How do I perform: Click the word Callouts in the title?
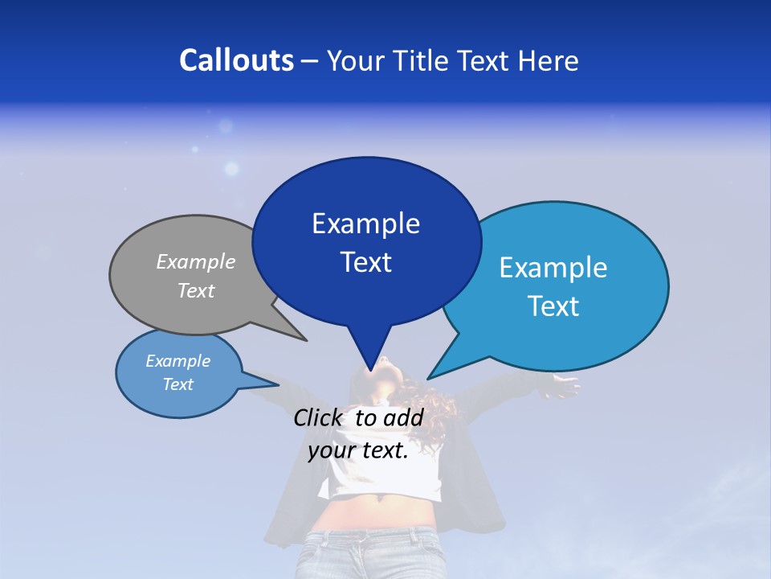[x=236, y=60]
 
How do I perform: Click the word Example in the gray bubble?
[x=195, y=262]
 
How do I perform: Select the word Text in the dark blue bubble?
[x=365, y=262]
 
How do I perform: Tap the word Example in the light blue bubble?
[x=553, y=268]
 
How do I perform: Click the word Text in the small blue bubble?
[x=178, y=384]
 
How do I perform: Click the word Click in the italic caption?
[x=320, y=417]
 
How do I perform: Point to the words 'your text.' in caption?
[x=358, y=450]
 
